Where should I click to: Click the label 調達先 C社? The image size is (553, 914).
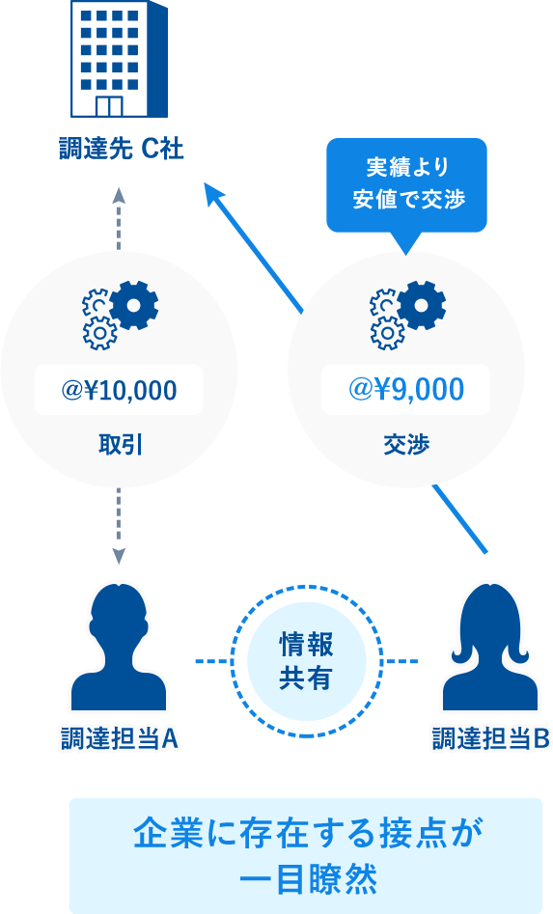click(x=122, y=149)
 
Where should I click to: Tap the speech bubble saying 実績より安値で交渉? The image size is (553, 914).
click(x=406, y=185)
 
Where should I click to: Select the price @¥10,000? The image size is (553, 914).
click(x=119, y=390)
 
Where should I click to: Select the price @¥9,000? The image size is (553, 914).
click(x=406, y=389)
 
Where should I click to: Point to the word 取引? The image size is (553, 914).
click(x=121, y=445)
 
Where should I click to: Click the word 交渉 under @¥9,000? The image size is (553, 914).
click(x=406, y=445)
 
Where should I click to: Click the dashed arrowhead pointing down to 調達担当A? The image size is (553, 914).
click(x=119, y=557)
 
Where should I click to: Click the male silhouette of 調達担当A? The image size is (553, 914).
click(x=119, y=647)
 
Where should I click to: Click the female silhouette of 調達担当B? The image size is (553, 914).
click(x=489, y=647)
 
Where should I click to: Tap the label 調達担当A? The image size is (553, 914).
click(x=120, y=738)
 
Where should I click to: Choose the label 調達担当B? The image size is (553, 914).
click(x=490, y=738)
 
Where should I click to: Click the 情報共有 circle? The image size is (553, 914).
click(x=307, y=661)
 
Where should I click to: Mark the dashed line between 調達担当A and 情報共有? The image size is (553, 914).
click(x=212, y=661)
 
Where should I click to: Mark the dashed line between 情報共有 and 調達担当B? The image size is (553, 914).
click(x=401, y=661)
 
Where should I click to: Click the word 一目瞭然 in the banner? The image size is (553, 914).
click(x=308, y=879)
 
